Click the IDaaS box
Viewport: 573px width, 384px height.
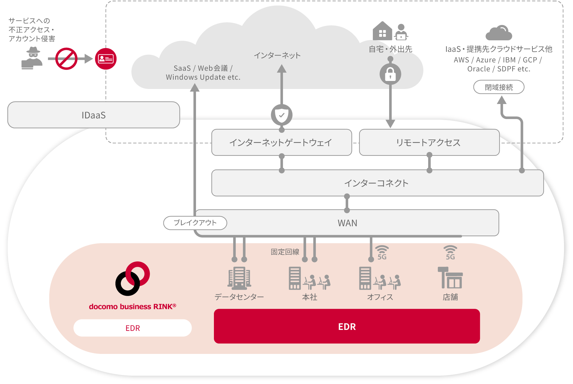pyautogui.click(x=93, y=115)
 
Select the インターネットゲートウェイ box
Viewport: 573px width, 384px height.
pyautogui.click(x=281, y=142)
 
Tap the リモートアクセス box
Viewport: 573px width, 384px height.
pyautogui.click(x=429, y=142)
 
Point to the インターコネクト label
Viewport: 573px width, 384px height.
pyautogui.click(x=377, y=183)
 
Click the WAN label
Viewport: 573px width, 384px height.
pyautogui.click(x=347, y=223)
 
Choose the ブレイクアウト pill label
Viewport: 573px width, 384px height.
pyautogui.click(x=195, y=223)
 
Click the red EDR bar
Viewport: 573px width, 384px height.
pyautogui.click(x=347, y=326)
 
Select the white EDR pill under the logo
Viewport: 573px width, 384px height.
pyautogui.click(x=132, y=328)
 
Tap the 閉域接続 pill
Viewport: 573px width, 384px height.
pyautogui.click(x=498, y=87)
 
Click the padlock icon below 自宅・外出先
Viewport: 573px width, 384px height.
pyautogui.click(x=390, y=74)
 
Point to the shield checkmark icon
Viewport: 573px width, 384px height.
pyautogui.click(x=281, y=115)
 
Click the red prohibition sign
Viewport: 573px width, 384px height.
pyautogui.click(x=66, y=59)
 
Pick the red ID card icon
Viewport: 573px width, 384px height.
pyautogui.click(x=106, y=59)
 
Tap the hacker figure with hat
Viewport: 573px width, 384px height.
pyautogui.click(x=32, y=58)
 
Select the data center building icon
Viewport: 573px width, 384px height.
pyautogui.click(x=239, y=278)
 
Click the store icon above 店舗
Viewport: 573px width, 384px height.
pyautogui.click(x=450, y=278)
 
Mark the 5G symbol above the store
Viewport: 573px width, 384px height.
pyautogui.click(x=450, y=253)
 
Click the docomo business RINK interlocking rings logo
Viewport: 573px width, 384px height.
pyautogui.click(x=132, y=278)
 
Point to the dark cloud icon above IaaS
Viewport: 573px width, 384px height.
pyautogui.click(x=498, y=33)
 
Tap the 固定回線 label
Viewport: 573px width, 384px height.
pyautogui.click(x=285, y=252)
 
